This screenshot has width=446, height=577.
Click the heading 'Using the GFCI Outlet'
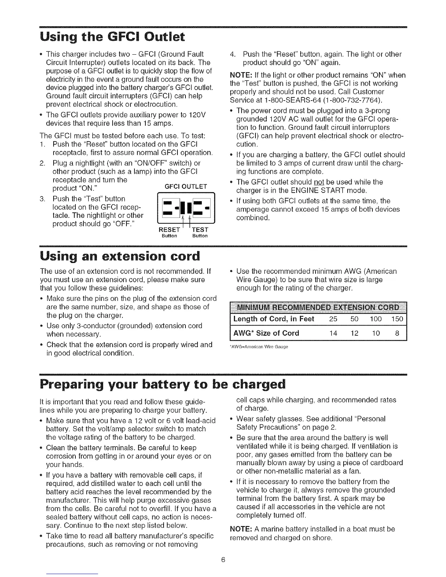(x=113, y=37)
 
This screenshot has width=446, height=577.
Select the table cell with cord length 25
(x=333, y=319)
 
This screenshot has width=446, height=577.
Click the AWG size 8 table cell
(x=398, y=333)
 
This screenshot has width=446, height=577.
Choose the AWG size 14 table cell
(x=333, y=333)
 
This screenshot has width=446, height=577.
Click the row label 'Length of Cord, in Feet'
(x=274, y=319)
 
